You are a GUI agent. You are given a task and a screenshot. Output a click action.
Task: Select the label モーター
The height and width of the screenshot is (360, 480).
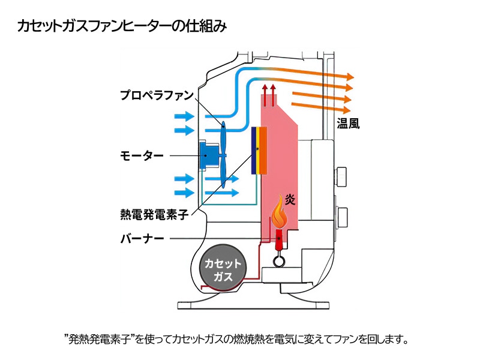(x=142, y=155)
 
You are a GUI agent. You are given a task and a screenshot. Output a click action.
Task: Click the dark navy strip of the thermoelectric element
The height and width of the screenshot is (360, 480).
(x=254, y=150)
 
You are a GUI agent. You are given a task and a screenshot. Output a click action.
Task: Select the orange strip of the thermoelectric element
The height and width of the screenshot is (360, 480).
(x=263, y=150)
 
